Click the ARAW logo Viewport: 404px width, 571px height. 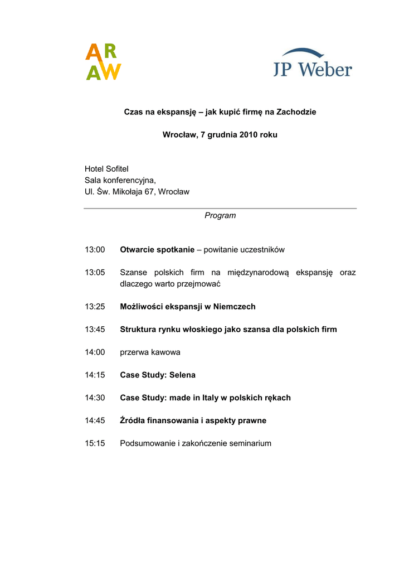point(103,62)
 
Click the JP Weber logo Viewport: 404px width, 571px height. point(312,62)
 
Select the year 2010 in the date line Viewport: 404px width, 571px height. point(249,135)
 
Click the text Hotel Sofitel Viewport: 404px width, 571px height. point(106,168)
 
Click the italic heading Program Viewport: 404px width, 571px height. point(220,215)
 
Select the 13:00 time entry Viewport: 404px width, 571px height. point(95,250)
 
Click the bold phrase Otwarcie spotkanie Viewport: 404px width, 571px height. point(157,250)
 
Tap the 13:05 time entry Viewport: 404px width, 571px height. point(95,272)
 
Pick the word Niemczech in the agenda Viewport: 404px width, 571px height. point(235,307)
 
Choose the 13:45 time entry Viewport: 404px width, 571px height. point(95,330)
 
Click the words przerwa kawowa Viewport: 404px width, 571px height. point(150,352)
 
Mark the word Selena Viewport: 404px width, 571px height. point(183,375)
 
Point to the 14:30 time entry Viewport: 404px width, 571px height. point(95,398)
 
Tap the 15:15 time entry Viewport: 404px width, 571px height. point(95,443)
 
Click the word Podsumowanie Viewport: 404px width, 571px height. point(147,443)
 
